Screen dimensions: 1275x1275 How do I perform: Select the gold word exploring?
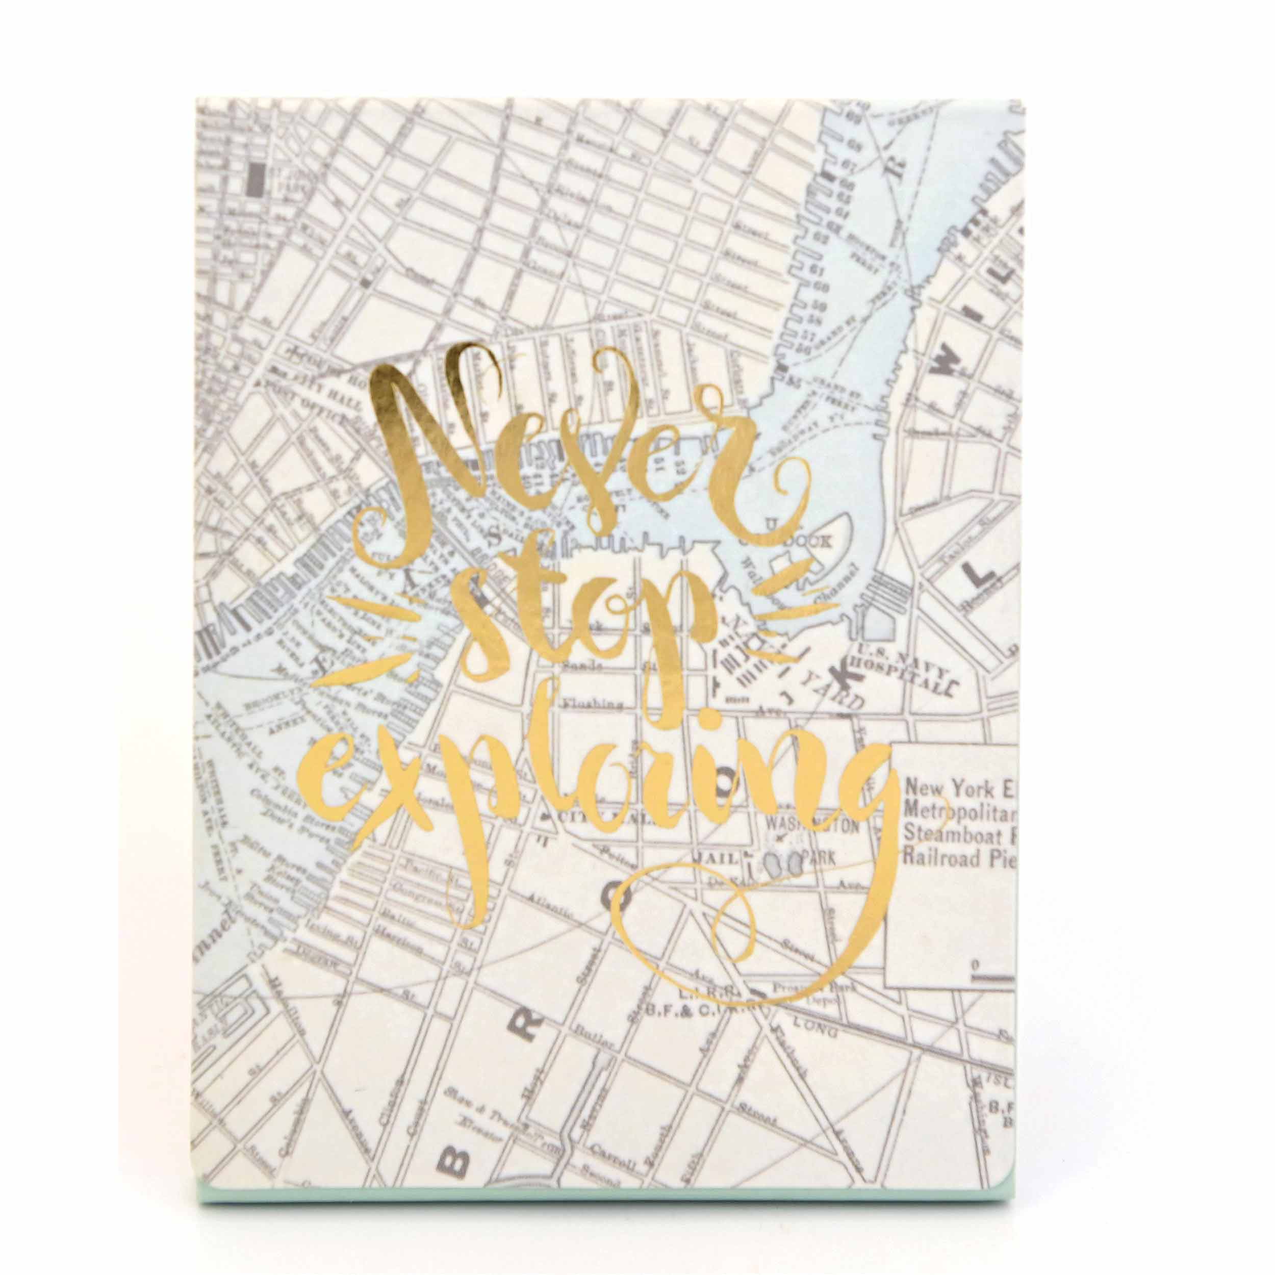pyautogui.click(x=594, y=792)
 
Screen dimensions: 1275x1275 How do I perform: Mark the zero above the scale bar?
pyautogui.click(x=975, y=966)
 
